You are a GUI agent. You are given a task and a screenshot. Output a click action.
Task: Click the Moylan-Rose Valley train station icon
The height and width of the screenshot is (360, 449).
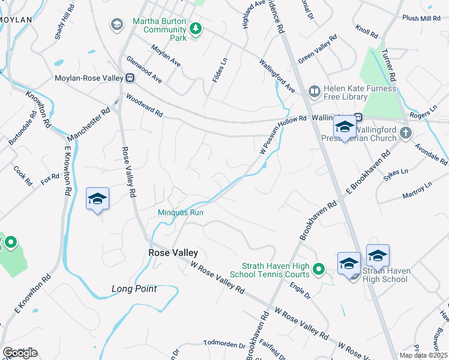[x=129, y=77]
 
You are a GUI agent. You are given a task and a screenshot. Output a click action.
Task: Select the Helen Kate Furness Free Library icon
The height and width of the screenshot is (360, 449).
[x=314, y=92]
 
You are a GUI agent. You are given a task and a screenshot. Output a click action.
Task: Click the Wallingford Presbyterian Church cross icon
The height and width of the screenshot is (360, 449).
[x=406, y=133]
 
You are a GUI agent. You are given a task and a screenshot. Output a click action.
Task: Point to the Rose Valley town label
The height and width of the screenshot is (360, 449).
[x=173, y=253]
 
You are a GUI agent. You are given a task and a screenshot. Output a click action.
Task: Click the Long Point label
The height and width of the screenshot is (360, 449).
[x=134, y=289]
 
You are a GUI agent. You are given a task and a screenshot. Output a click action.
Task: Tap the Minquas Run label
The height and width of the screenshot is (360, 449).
[x=180, y=212]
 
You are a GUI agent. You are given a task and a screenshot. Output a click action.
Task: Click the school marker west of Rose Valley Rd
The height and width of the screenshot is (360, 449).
[x=97, y=199]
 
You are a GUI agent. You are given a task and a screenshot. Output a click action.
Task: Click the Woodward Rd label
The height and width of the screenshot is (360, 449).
[x=144, y=104]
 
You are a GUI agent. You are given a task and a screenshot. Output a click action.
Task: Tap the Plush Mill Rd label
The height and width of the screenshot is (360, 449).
[x=421, y=19]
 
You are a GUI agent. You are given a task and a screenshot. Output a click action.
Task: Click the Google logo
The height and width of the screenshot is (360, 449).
[x=20, y=352]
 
